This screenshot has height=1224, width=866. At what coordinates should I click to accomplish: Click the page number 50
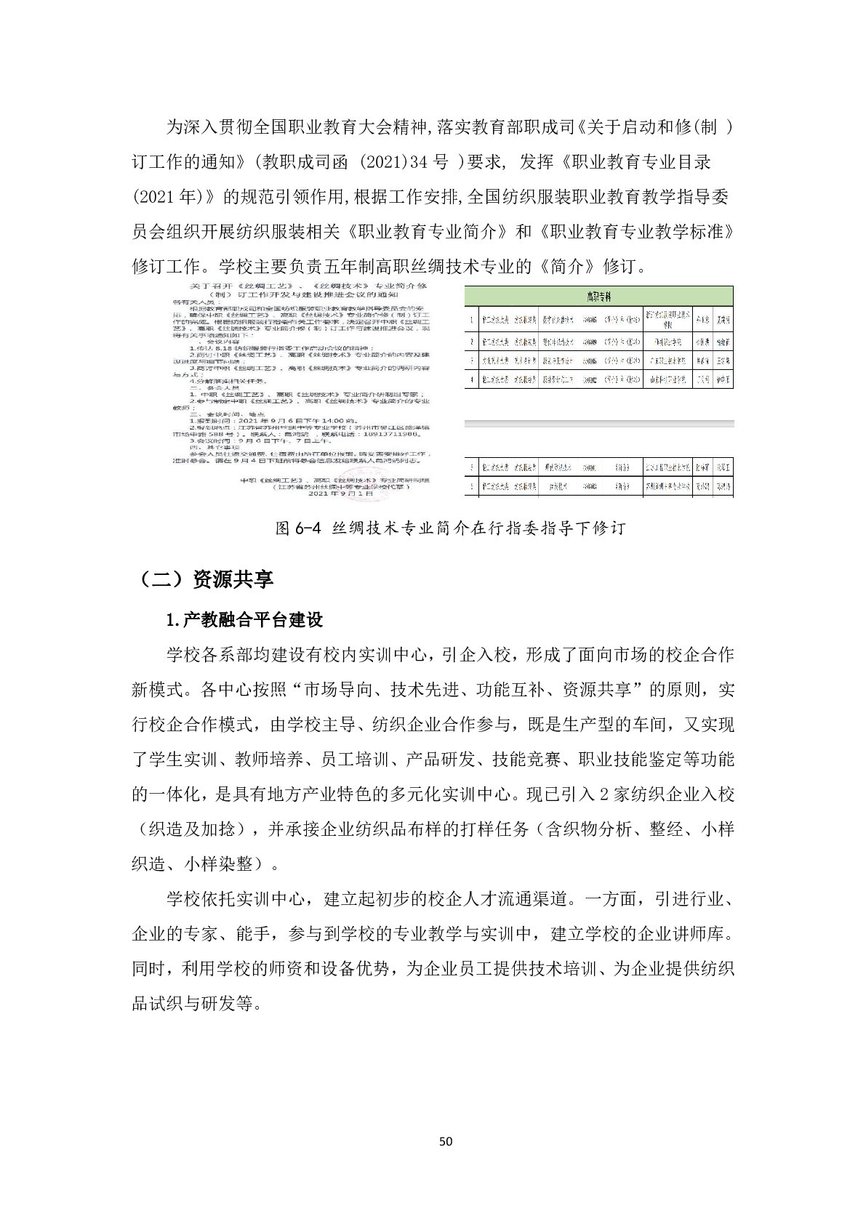pos(446,1141)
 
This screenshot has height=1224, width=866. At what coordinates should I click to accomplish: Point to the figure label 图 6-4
pos(298,528)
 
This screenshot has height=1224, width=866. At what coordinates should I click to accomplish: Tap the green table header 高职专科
pos(599,296)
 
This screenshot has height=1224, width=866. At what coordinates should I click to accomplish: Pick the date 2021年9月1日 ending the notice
pos(340,494)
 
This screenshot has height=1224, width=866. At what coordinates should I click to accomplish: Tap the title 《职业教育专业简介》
pos(428,232)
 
